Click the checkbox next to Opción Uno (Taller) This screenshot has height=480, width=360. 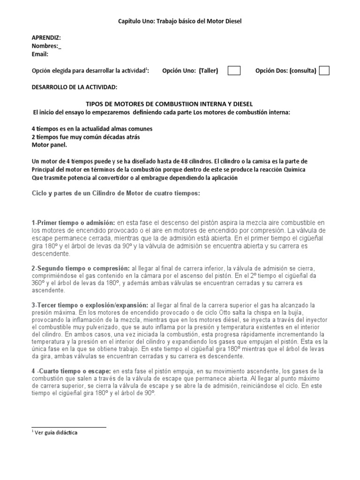(234, 71)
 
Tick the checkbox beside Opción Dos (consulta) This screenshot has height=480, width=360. (324, 71)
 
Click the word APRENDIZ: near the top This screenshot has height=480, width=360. (46, 37)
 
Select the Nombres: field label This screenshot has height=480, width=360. (46, 46)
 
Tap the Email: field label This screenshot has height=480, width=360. (40, 54)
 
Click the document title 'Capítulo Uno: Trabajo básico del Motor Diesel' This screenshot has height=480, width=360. (180, 21)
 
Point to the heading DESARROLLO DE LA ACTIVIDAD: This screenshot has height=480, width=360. (75, 87)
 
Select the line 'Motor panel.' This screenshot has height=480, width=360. (46, 145)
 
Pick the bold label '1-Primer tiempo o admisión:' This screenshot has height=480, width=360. (74, 222)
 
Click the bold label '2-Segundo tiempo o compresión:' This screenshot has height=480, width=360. (81, 268)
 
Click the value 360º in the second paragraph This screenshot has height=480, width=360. (40, 284)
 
